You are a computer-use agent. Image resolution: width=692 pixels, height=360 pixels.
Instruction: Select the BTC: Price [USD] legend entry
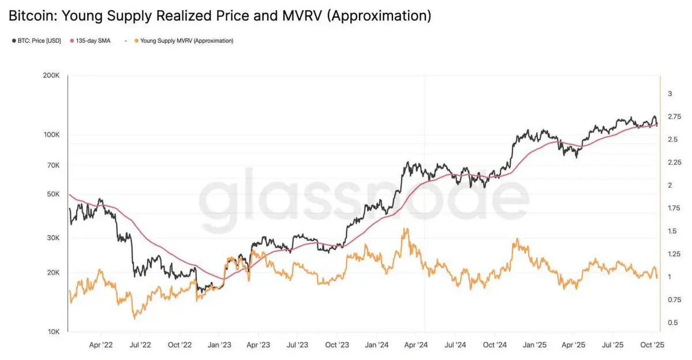click(38, 41)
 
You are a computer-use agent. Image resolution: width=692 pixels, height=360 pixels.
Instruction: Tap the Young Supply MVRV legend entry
click(184, 41)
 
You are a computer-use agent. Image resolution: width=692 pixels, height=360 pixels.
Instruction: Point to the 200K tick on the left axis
click(52, 76)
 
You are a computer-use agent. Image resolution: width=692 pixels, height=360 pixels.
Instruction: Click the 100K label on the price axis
click(52, 134)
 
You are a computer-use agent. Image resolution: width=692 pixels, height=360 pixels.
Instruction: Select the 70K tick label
click(54, 166)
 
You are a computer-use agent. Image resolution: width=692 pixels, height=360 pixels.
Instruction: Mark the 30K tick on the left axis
click(54, 238)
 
